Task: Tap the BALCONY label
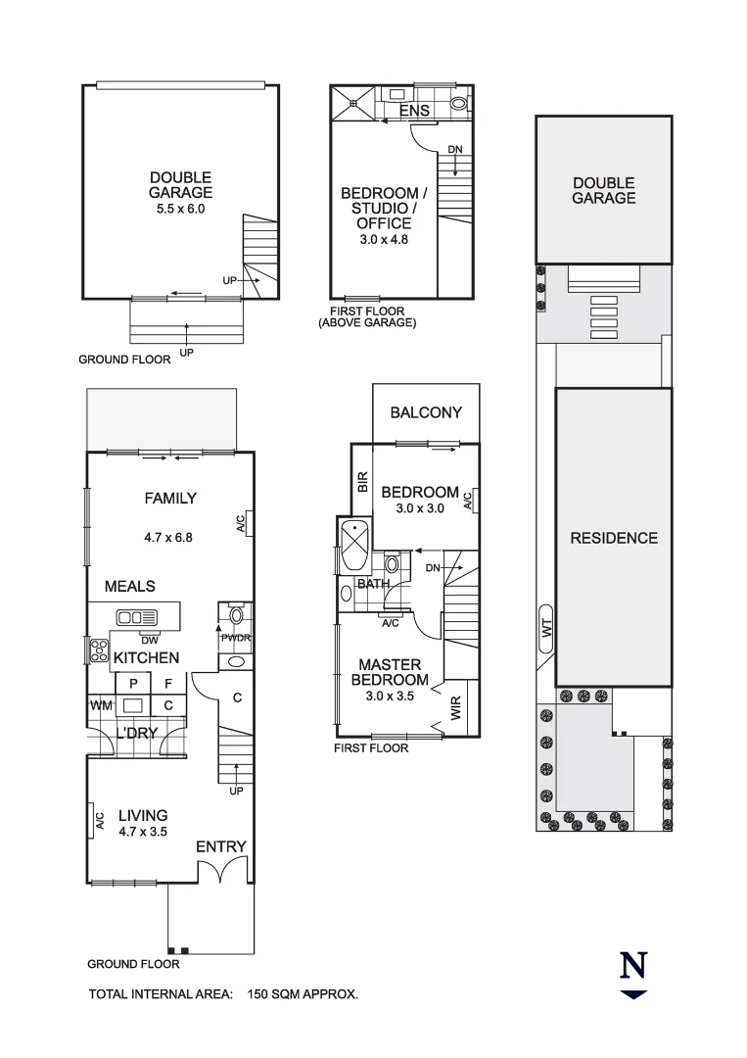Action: (425, 412)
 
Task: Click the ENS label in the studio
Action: (414, 112)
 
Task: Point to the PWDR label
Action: (235, 639)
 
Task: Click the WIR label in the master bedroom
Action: (456, 708)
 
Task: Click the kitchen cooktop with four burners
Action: (98, 649)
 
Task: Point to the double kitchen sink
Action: (136, 617)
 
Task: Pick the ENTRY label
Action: (220, 846)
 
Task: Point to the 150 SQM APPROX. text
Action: (303, 994)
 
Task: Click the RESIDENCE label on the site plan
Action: (614, 538)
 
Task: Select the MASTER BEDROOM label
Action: (390, 672)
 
